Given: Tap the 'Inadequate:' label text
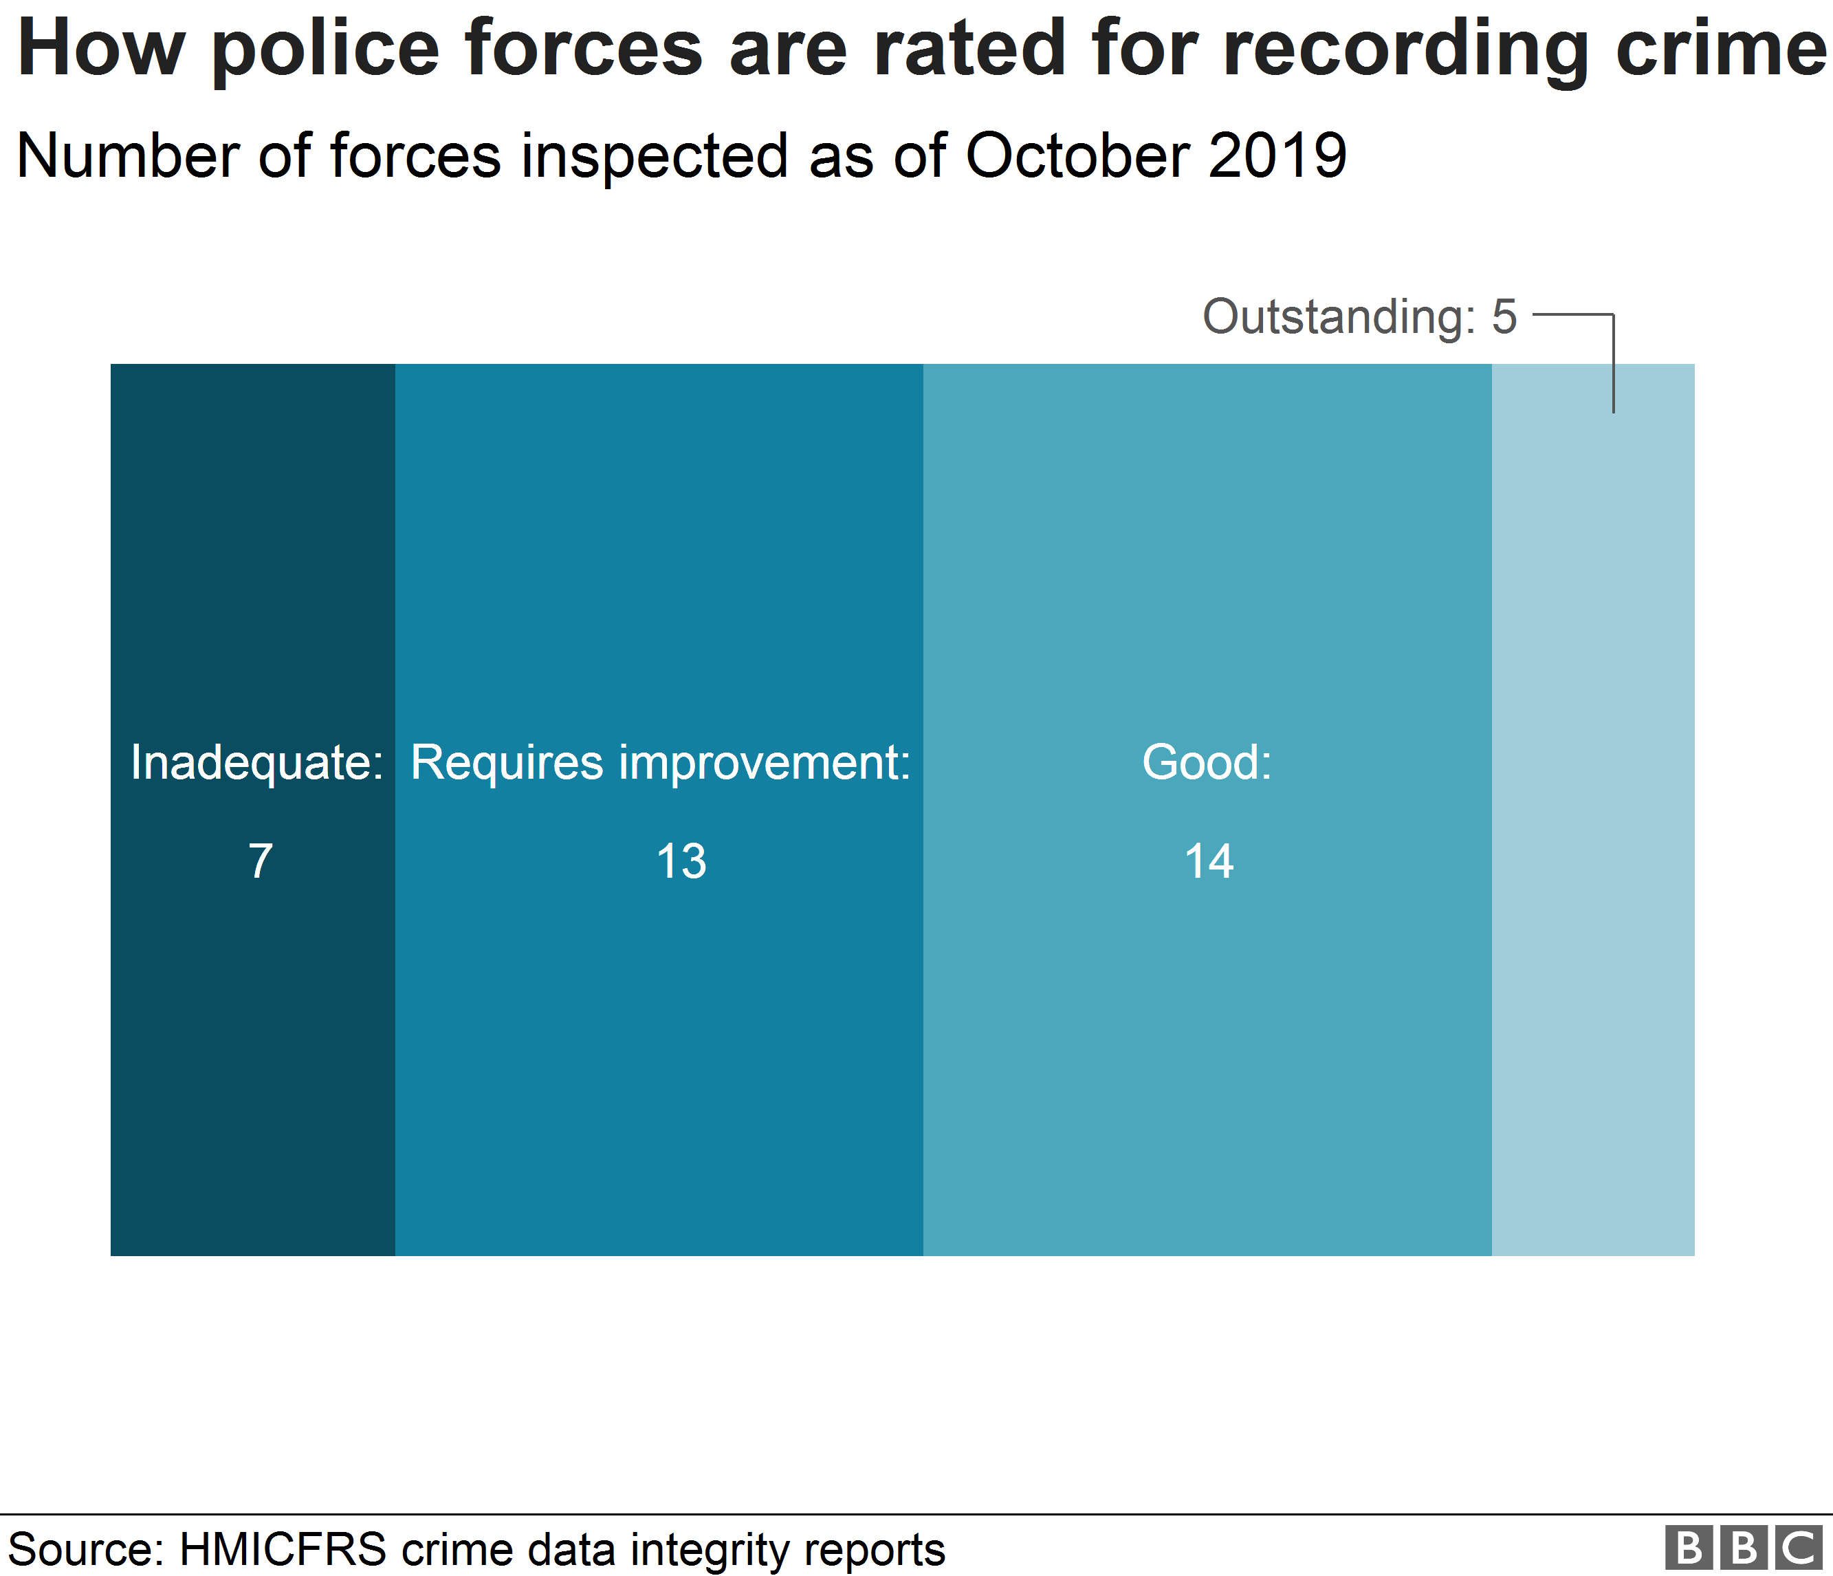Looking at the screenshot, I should click(256, 763).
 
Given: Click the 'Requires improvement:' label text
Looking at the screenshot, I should click(660, 763).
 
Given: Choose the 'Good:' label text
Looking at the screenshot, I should click(1207, 763).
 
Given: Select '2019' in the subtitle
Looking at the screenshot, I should click(1277, 157).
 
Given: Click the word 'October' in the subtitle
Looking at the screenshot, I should click(1078, 157).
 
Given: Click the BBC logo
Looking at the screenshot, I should click(1743, 1548).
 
